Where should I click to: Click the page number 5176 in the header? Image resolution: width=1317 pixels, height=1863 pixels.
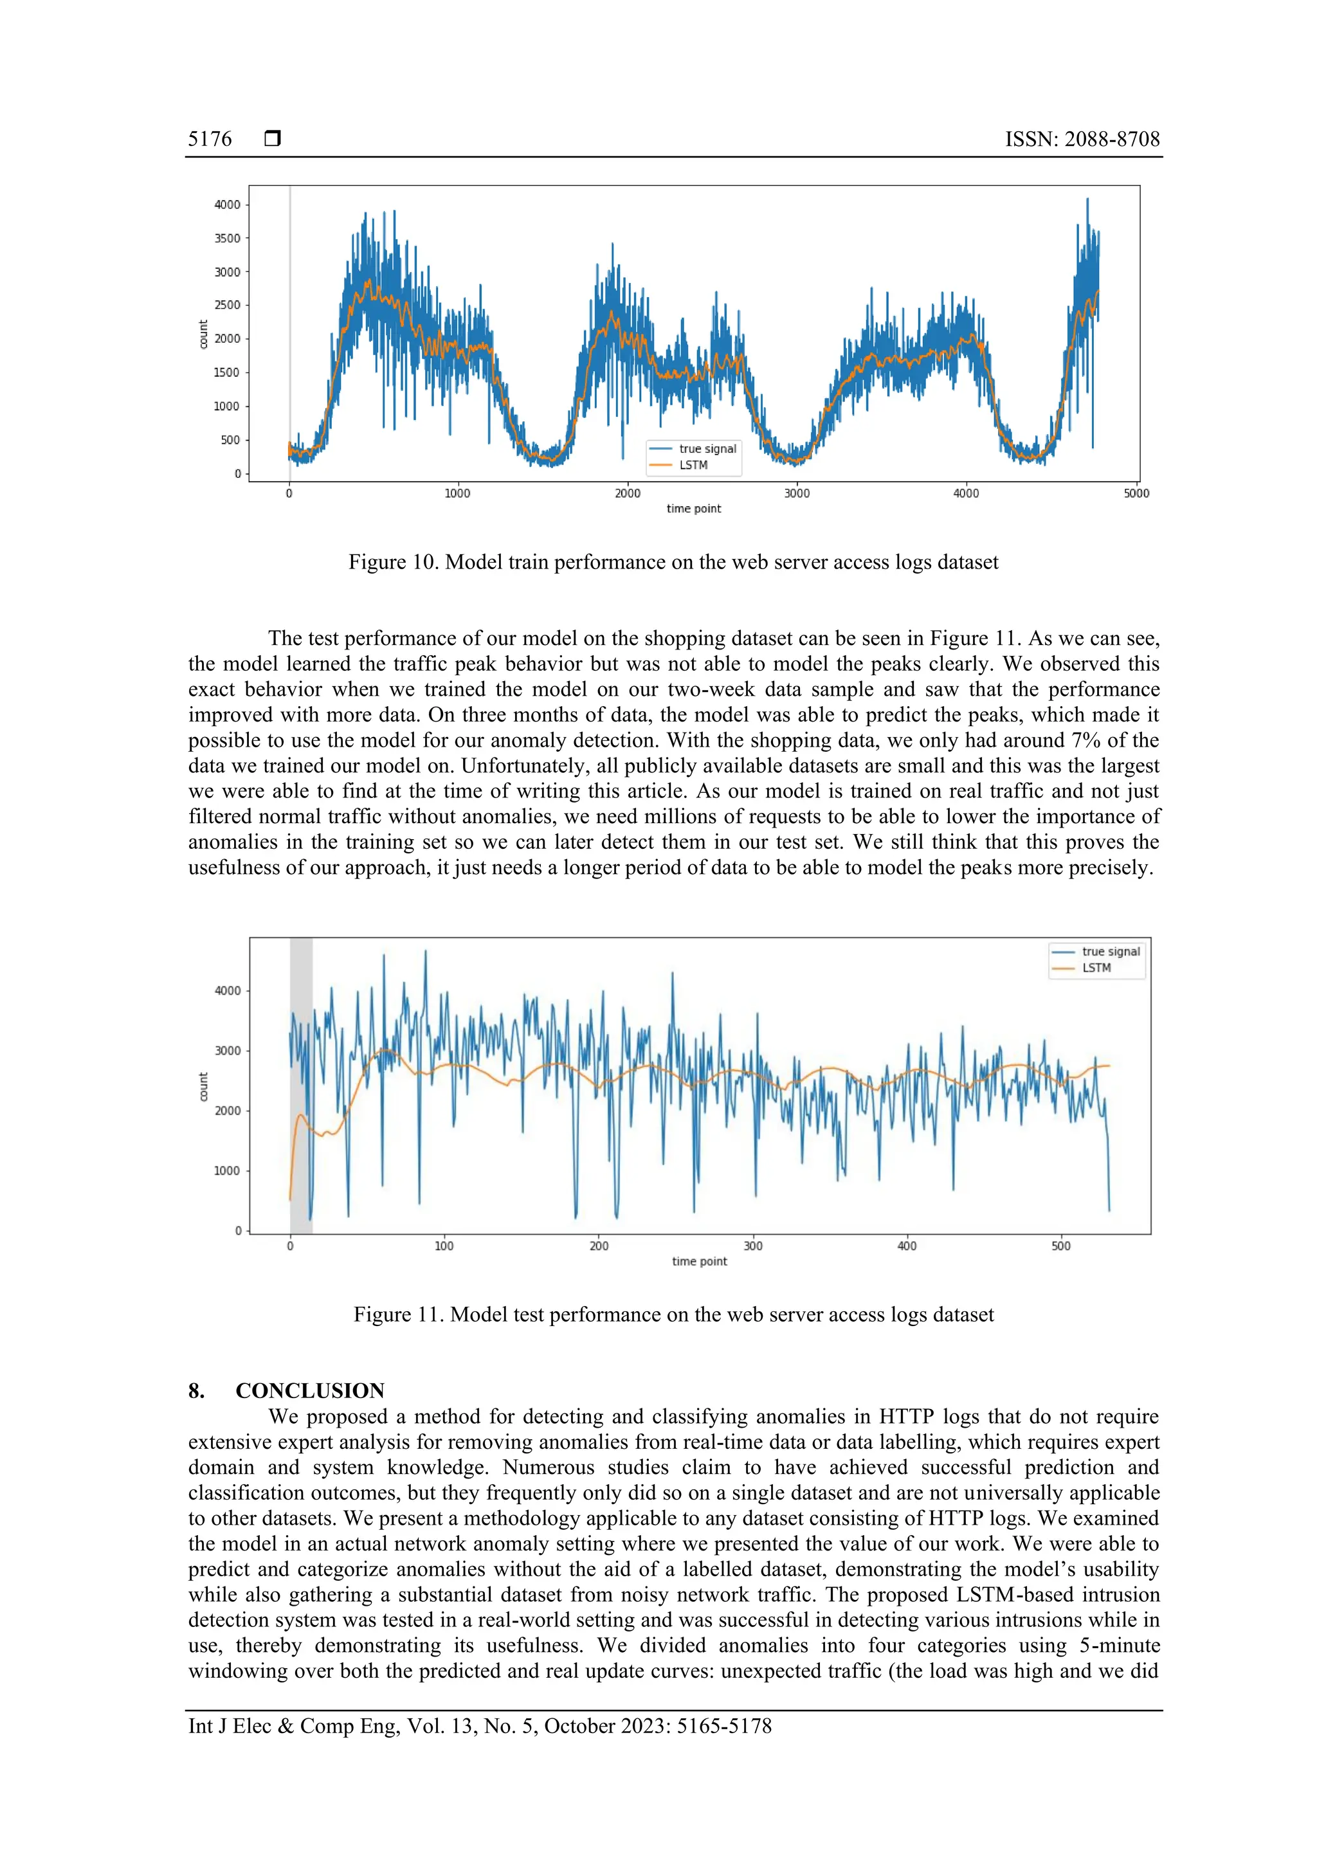210,139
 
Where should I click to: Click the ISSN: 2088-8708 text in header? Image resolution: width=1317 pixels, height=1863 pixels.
1082,139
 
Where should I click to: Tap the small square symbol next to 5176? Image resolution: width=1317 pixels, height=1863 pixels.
273,139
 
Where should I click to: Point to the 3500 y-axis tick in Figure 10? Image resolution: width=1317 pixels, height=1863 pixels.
227,239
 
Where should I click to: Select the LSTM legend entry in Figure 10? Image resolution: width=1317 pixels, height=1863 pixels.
693,465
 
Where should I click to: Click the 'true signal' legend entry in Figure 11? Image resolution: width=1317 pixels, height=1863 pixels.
1110,951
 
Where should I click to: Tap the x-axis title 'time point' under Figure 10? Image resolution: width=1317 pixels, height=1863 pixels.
693,509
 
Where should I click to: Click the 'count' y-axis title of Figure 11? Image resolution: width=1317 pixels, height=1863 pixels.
203,1086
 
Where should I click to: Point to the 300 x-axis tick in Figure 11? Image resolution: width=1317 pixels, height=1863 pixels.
752,1246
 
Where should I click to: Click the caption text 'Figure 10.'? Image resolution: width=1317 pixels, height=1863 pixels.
394,562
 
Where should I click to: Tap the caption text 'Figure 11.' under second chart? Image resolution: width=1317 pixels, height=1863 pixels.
399,1314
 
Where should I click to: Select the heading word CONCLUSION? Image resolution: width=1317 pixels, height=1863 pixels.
309,1391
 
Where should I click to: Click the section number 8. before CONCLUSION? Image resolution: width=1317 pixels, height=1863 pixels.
196,1391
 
